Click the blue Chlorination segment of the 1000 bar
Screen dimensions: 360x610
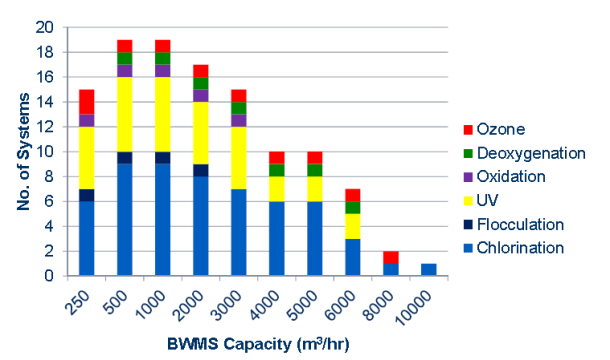point(163,219)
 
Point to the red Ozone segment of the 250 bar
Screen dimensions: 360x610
point(87,101)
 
